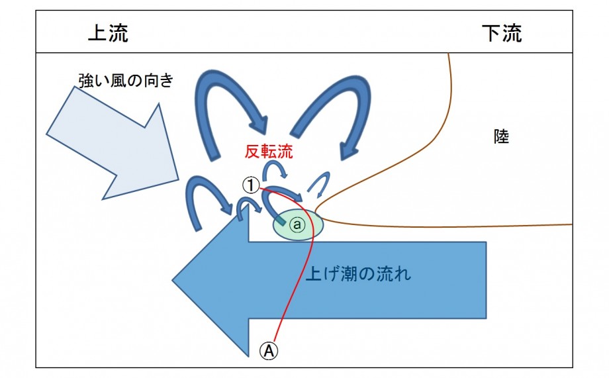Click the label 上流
point(108,34)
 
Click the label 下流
point(501,34)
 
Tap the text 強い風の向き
point(126,81)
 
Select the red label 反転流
point(269,151)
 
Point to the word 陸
point(501,137)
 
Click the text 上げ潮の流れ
point(358,273)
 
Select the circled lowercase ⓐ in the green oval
point(297,225)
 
